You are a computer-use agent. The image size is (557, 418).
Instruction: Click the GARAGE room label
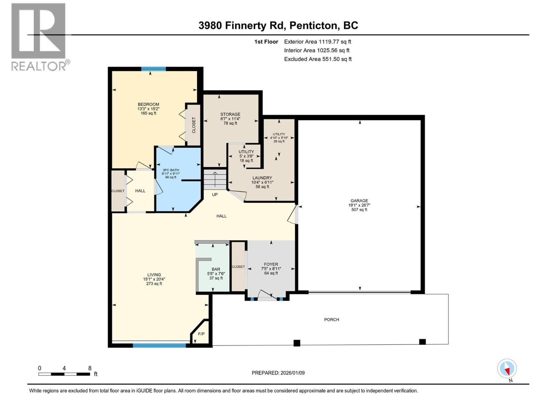pos(359,201)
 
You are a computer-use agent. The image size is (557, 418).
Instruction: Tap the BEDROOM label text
pos(148,104)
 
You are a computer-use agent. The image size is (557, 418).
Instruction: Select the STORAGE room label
pos(230,114)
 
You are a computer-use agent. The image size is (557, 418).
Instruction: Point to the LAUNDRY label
pos(262,178)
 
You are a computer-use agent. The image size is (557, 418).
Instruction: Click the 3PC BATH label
pos(171,170)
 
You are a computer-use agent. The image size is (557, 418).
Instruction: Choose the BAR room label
pos(216,269)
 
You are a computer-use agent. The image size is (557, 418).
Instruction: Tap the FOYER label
pos(271,264)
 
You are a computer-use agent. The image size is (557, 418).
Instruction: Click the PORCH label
pos(331,319)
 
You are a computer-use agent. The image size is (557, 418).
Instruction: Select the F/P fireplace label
pos(201,334)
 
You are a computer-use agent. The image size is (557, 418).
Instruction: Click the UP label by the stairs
pos(215,194)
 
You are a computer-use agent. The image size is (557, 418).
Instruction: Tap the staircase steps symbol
pos(215,179)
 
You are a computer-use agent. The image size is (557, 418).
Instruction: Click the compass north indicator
pos(507,369)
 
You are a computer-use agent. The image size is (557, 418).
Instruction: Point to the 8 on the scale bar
pos(90,368)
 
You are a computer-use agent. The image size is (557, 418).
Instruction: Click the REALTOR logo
pos(39,37)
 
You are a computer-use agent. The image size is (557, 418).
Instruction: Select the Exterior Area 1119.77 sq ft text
pos(317,41)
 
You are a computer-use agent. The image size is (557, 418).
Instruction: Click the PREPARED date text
pos(278,373)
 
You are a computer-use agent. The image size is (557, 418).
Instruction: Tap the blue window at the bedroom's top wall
pos(153,69)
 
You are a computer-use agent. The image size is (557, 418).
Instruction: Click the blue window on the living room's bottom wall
pos(159,346)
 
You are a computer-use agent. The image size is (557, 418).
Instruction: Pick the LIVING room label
pos(154,274)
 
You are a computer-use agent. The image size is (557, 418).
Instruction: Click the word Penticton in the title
pos(313,25)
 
